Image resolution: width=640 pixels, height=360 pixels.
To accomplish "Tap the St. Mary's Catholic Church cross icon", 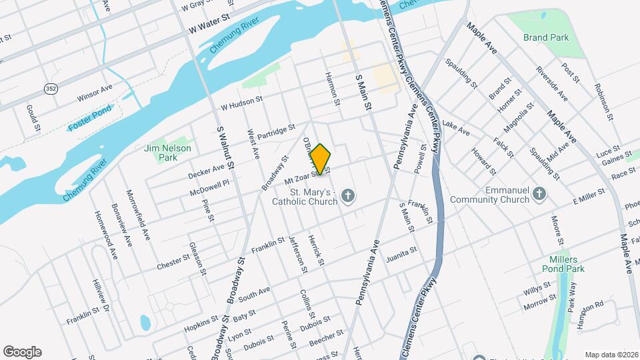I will click(347, 196).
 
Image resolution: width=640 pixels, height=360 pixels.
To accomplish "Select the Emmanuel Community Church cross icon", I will click(540, 193).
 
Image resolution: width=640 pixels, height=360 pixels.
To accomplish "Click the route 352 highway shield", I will click(50, 88).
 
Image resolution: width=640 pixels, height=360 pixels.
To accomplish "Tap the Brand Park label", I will click(546, 37).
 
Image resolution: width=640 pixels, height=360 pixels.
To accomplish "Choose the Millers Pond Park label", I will click(563, 264).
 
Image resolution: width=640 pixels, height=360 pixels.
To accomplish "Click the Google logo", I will click(22, 352).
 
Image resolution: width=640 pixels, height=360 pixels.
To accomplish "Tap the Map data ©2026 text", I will click(611, 355).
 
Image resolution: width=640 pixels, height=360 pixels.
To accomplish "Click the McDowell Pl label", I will click(209, 183).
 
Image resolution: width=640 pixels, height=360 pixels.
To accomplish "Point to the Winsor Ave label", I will click(95, 96).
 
